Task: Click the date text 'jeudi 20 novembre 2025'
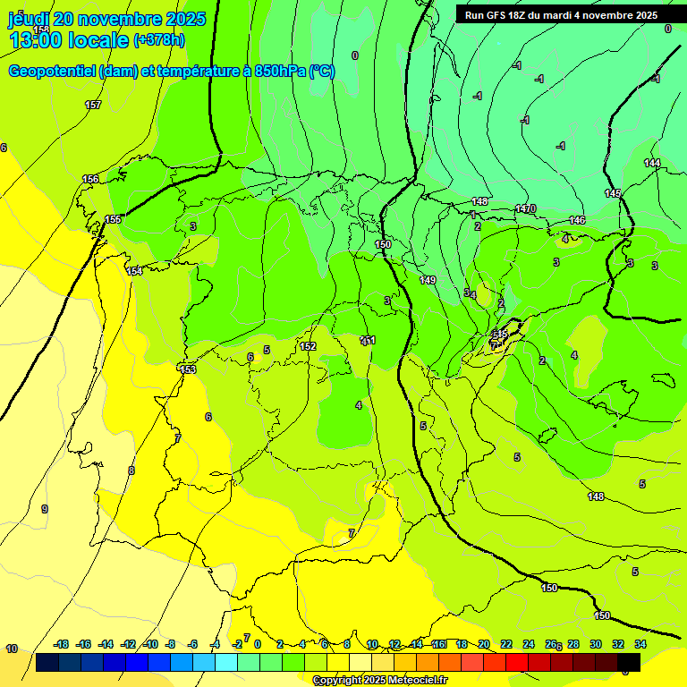pyautogui.click(x=106, y=19)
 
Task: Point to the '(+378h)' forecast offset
pyautogui.click(x=159, y=40)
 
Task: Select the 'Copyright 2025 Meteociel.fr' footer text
pyautogui.click(x=380, y=680)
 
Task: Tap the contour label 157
pyautogui.click(x=93, y=106)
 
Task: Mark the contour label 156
pyautogui.click(x=90, y=179)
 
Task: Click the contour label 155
pyautogui.click(x=113, y=219)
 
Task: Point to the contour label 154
pyautogui.click(x=134, y=271)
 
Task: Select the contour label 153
pyautogui.click(x=188, y=369)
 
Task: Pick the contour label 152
pyautogui.click(x=308, y=346)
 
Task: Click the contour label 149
pyautogui.click(x=428, y=280)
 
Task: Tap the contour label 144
pyautogui.click(x=652, y=163)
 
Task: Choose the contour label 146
pyautogui.click(x=577, y=220)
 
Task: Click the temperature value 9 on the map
pyautogui.click(x=44, y=509)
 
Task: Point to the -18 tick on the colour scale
pyautogui.click(x=62, y=644)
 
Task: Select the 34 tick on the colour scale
pyautogui.click(x=640, y=644)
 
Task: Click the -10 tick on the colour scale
pyautogui.click(x=150, y=644)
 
